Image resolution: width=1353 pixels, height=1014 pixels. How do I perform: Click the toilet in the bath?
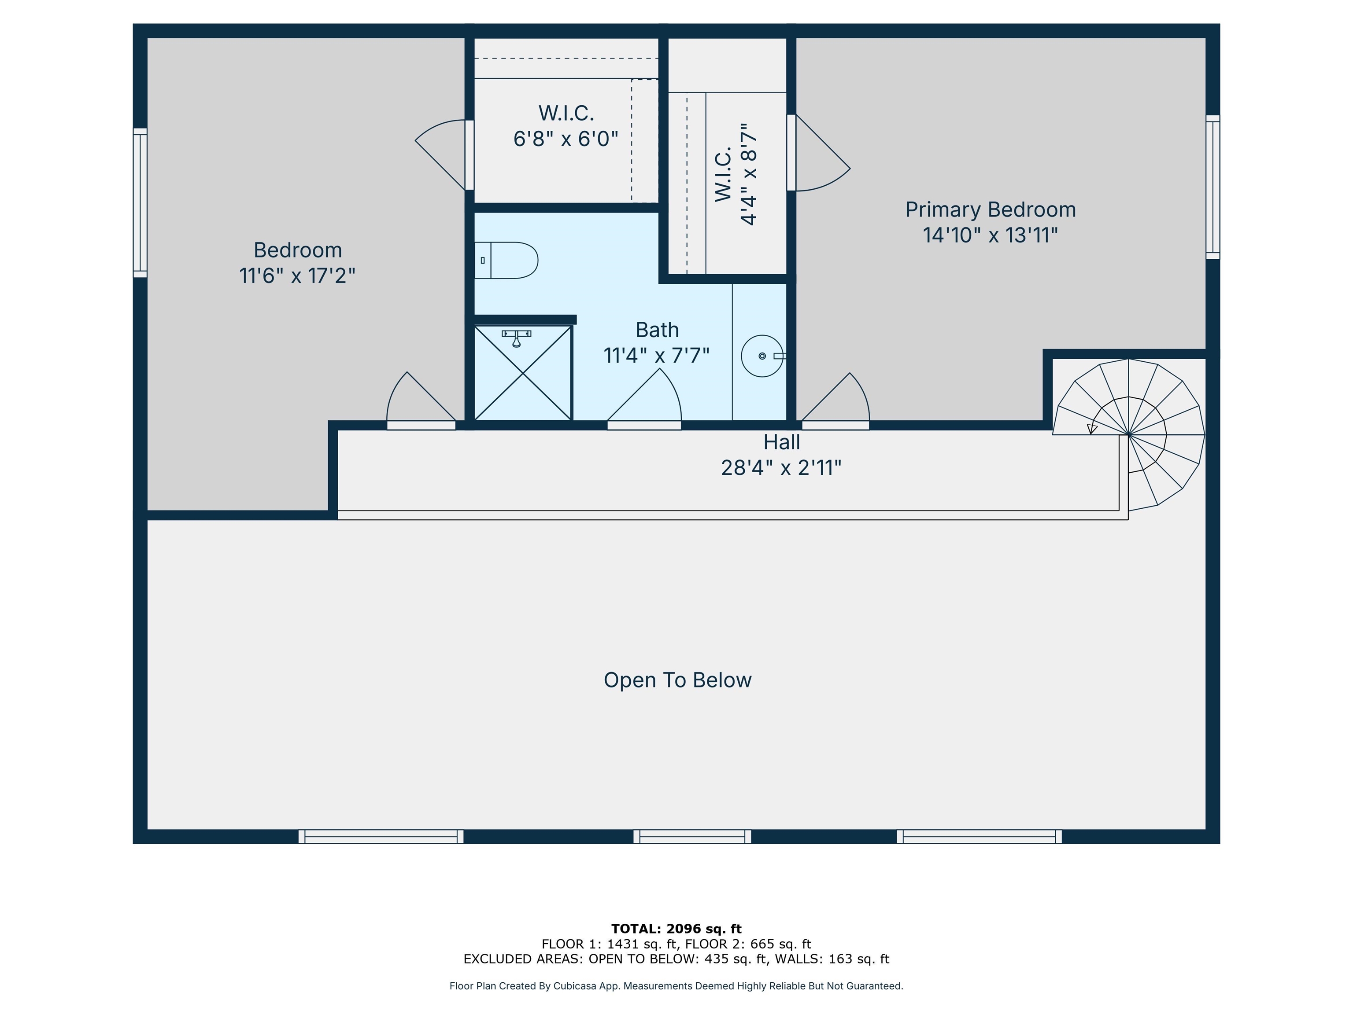coord(506,261)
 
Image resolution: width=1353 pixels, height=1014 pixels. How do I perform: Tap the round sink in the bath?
coord(762,356)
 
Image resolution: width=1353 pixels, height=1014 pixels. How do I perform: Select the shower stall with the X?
coord(524,373)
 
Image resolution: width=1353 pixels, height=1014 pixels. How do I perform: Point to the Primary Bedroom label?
coord(990,209)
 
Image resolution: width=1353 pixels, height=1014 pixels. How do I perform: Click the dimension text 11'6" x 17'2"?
coord(297,276)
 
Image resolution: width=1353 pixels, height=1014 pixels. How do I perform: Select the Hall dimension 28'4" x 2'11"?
coord(781,467)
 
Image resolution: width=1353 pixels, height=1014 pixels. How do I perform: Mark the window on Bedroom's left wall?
coord(140,203)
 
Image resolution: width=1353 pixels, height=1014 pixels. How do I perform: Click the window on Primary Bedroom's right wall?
coord(1213,187)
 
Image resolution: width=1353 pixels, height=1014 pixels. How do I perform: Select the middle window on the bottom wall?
coord(692,837)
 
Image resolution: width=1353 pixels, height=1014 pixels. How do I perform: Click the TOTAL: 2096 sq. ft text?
coord(676,929)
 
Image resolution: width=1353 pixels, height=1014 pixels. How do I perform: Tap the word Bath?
coord(657,330)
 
